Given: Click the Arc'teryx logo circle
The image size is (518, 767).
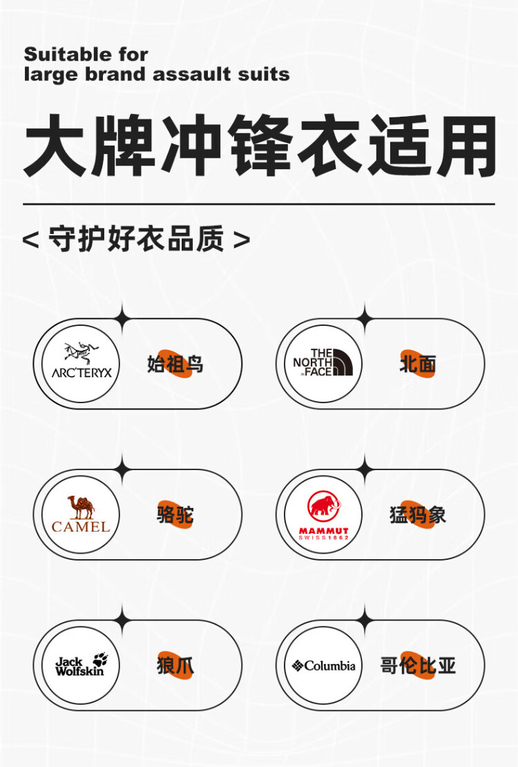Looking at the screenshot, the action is click(x=81, y=363).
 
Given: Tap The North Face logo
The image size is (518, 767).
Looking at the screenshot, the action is click(x=323, y=362).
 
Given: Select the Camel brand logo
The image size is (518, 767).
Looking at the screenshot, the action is click(x=81, y=514).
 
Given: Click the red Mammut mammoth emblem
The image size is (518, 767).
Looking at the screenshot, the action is click(x=324, y=507).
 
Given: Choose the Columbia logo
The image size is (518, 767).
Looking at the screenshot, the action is click(x=323, y=666).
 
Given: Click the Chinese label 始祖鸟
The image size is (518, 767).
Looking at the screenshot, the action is click(x=175, y=364).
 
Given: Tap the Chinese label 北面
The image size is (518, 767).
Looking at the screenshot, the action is click(x=418, y=364).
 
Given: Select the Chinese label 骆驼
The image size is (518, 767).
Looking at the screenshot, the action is click(x=175, y=514).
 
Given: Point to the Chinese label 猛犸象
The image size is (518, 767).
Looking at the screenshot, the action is click(x=418, y=514).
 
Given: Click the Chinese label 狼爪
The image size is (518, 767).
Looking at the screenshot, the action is click(x=175, y=666).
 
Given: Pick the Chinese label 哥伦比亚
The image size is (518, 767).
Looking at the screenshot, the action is click(x=418, y=666).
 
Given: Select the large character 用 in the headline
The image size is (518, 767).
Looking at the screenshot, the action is click(x=466, y=145).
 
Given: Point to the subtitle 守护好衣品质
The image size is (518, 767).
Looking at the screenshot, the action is click(x=137, y=239).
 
